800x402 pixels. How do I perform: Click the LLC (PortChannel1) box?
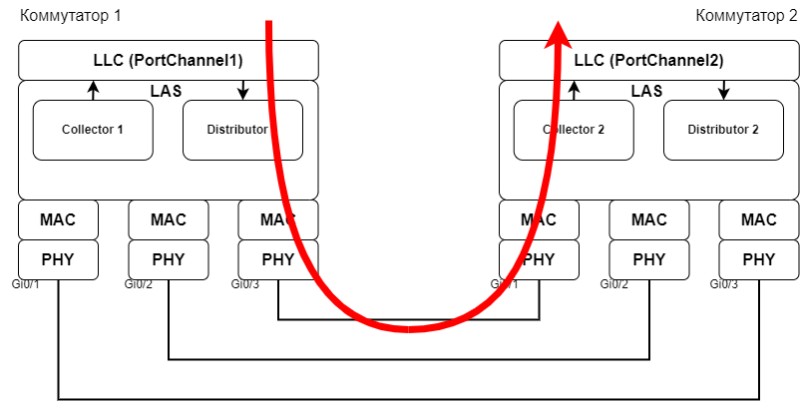169,61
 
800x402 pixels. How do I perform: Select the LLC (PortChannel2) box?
649,61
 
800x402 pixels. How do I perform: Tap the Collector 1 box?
93,130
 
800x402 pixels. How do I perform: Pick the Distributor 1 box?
236,130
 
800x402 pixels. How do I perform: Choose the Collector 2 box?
574,130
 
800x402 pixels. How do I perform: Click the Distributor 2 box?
723,130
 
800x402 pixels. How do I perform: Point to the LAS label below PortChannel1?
166,91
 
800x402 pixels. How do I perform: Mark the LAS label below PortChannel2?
646,91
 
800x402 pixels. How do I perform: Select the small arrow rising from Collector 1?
93,91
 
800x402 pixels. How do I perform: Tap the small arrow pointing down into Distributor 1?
242,91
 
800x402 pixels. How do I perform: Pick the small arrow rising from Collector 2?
574,91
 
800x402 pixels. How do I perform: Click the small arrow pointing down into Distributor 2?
723,91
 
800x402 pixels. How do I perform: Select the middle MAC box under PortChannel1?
169,219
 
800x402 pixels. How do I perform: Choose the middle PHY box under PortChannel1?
169,259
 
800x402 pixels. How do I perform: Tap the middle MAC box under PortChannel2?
649,219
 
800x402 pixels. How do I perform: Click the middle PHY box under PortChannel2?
649,259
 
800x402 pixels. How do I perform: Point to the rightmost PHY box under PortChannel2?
759,259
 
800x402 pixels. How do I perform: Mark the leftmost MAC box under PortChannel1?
59,219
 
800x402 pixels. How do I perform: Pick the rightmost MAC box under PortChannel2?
759,219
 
